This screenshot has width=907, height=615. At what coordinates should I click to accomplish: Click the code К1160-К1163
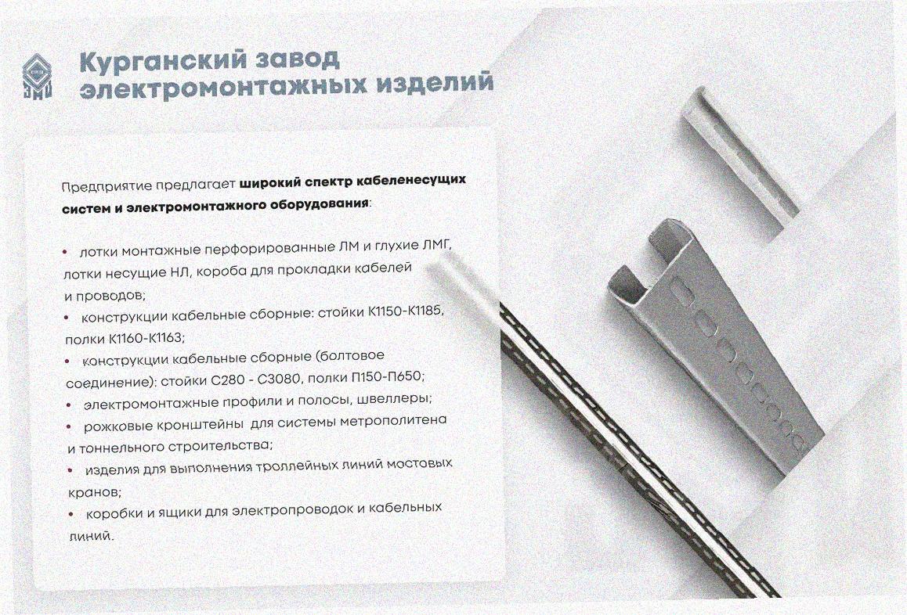coord(146,337)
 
